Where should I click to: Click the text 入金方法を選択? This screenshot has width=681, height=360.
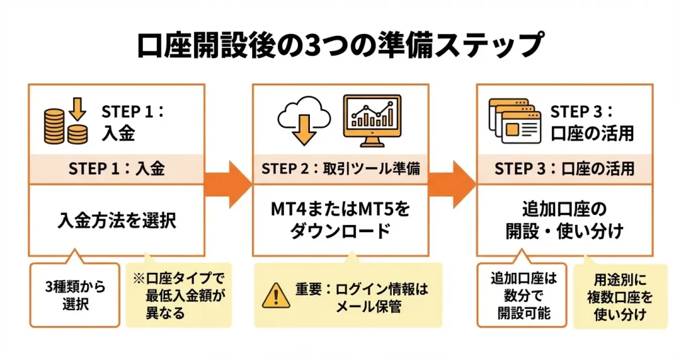pyautogui.click(x=116, y=220)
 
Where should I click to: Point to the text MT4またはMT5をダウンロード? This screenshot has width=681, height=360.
pyautogui.click(x=340, y=221)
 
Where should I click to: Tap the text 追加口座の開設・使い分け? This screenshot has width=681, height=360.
pyautogui.click(x=564, y=221)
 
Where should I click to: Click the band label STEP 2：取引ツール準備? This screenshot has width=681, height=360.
pyautogui.click(x=340, y=169)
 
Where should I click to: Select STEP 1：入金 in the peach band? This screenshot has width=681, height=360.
pyautogui.click(x=116, y=169)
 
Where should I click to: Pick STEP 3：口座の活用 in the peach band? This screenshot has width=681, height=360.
pyautogui.click(x=564, y=169)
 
